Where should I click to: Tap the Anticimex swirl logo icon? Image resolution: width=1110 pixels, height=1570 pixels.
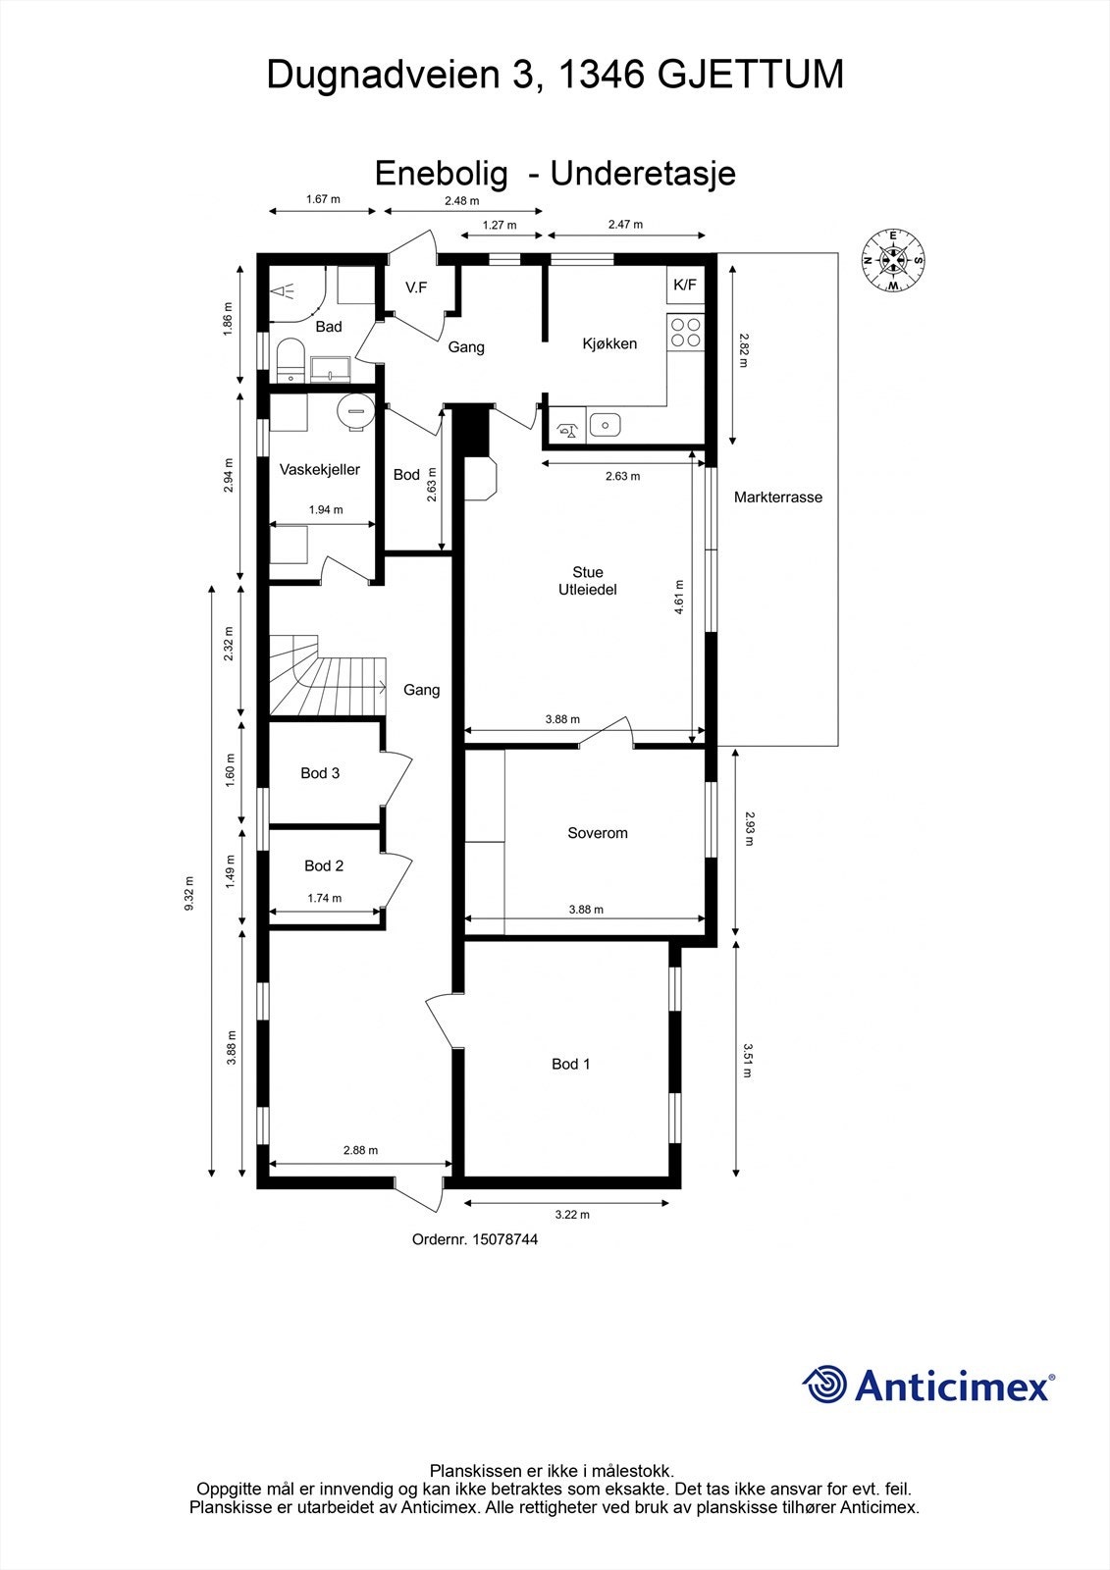point(824,1385)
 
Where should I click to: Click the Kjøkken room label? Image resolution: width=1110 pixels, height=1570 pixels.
point(609,343)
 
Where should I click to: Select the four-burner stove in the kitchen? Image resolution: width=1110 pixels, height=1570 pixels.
point(684,332)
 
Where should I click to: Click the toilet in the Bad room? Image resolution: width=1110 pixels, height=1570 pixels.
point(291,358)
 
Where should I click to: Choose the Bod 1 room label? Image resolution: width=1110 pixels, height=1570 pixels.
point(570,1064)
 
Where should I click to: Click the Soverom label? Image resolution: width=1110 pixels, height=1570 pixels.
point(597,833)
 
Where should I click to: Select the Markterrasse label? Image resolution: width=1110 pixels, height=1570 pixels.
point(777,497)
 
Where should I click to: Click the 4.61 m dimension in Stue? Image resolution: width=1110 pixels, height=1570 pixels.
point(679,597)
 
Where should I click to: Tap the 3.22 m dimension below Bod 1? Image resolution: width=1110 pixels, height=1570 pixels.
point(571,1215)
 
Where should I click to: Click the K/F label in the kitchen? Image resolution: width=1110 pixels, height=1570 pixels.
point(684,286)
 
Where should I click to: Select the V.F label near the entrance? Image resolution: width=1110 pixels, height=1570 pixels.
point(417,288)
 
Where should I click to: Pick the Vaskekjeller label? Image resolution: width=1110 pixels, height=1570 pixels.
point(319,470)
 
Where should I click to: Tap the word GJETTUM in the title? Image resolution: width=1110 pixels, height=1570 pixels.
point(749,75)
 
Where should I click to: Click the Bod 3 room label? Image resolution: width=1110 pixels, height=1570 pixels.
point(320,773)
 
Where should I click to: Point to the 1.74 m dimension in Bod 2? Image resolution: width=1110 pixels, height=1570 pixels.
point(324,898)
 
